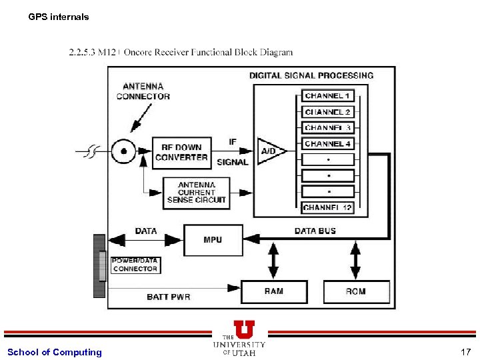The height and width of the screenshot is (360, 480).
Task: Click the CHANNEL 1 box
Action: coord(328,96)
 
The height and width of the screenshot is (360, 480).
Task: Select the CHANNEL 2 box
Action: coord(328,112)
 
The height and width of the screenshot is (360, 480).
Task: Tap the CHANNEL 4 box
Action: coord(328,144)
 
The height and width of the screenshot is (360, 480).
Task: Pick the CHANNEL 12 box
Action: coord(328,208)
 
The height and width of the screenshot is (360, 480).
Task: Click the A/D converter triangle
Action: coord(269,152)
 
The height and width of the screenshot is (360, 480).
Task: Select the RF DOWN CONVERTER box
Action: coord(181,152)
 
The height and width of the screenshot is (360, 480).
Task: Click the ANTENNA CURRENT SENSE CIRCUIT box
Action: coord(197,192)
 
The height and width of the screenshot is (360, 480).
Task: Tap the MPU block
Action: coord(213,239)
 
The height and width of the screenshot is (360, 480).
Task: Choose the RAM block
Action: coord(273,291)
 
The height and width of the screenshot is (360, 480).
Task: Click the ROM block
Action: coord(356,291)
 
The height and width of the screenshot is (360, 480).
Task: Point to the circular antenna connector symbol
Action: coord(124,152)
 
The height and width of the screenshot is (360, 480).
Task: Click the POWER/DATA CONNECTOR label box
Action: coord(135,265)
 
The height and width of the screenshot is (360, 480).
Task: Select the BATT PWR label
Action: coord(169,297)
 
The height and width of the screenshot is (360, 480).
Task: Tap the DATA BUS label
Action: coord(315,231)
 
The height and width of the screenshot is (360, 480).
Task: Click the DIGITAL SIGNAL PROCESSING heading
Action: coord(311,76)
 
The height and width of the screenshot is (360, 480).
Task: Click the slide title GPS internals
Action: coord(59,17)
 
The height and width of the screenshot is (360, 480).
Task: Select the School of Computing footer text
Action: coord(55,352)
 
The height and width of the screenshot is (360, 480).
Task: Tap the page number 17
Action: coord(465,352)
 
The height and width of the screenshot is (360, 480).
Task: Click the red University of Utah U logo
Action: coord(244,329)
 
